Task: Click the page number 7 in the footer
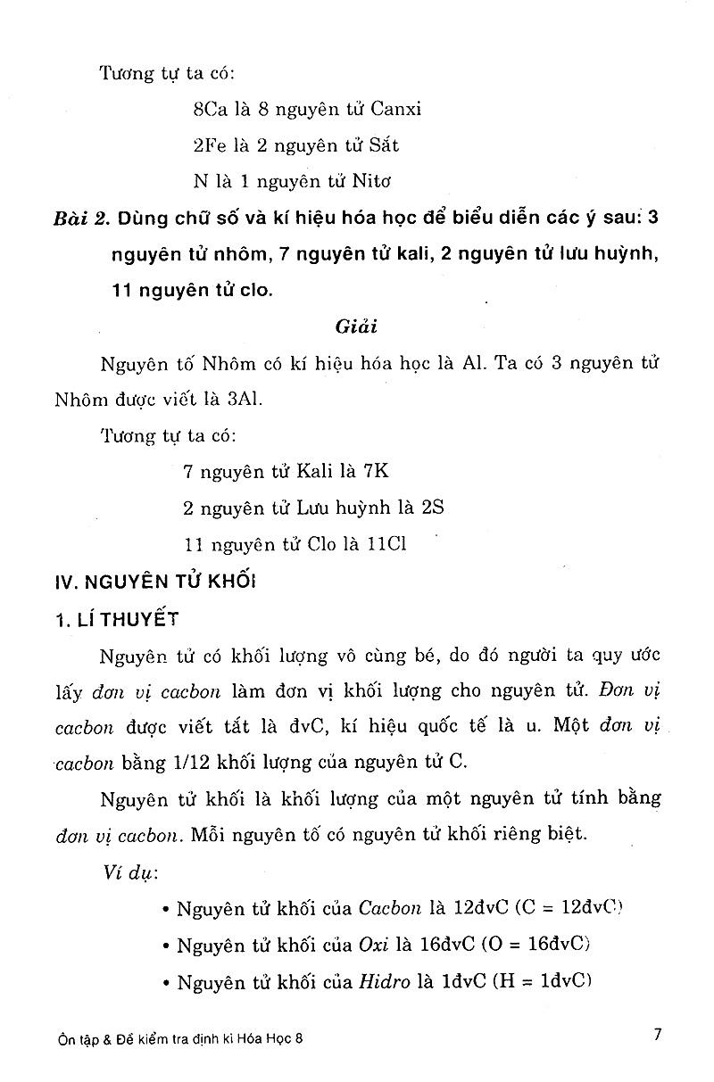(x=658, y=1036)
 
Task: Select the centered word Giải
(x=356, y=326)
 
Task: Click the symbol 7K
(x=378, y=473)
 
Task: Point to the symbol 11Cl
(x=386, y=544)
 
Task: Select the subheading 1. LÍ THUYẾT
(x=117, y=619)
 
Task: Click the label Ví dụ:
(x=130, y=873)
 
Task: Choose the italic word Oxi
(x=375, y=946)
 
